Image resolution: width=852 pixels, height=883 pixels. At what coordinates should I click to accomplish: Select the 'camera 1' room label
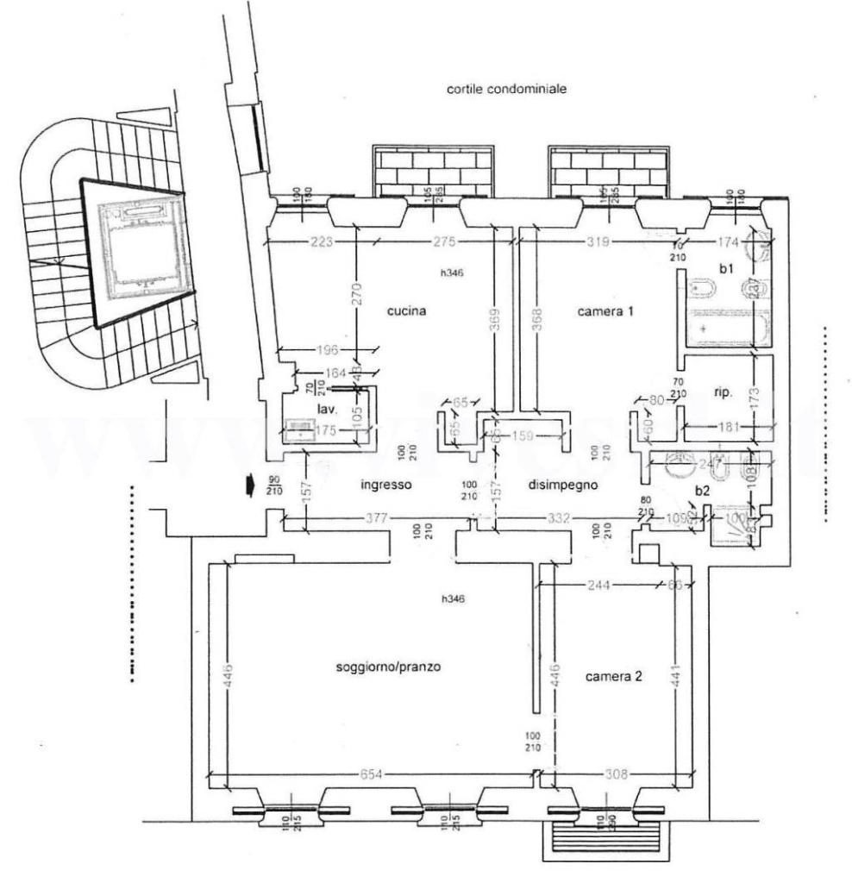(x=605, y=311)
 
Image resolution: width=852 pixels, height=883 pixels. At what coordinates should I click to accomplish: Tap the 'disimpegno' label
(x=563, y=485)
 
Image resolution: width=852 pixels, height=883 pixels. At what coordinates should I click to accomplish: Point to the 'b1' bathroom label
(x=727, y=269)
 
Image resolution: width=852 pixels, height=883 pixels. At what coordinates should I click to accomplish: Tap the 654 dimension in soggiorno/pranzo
(x=373, y=773)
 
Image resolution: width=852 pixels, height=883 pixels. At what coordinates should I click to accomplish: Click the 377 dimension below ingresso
(x=377, y=518)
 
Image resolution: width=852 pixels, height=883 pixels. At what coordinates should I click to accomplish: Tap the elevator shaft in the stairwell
(x=140, y=247)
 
